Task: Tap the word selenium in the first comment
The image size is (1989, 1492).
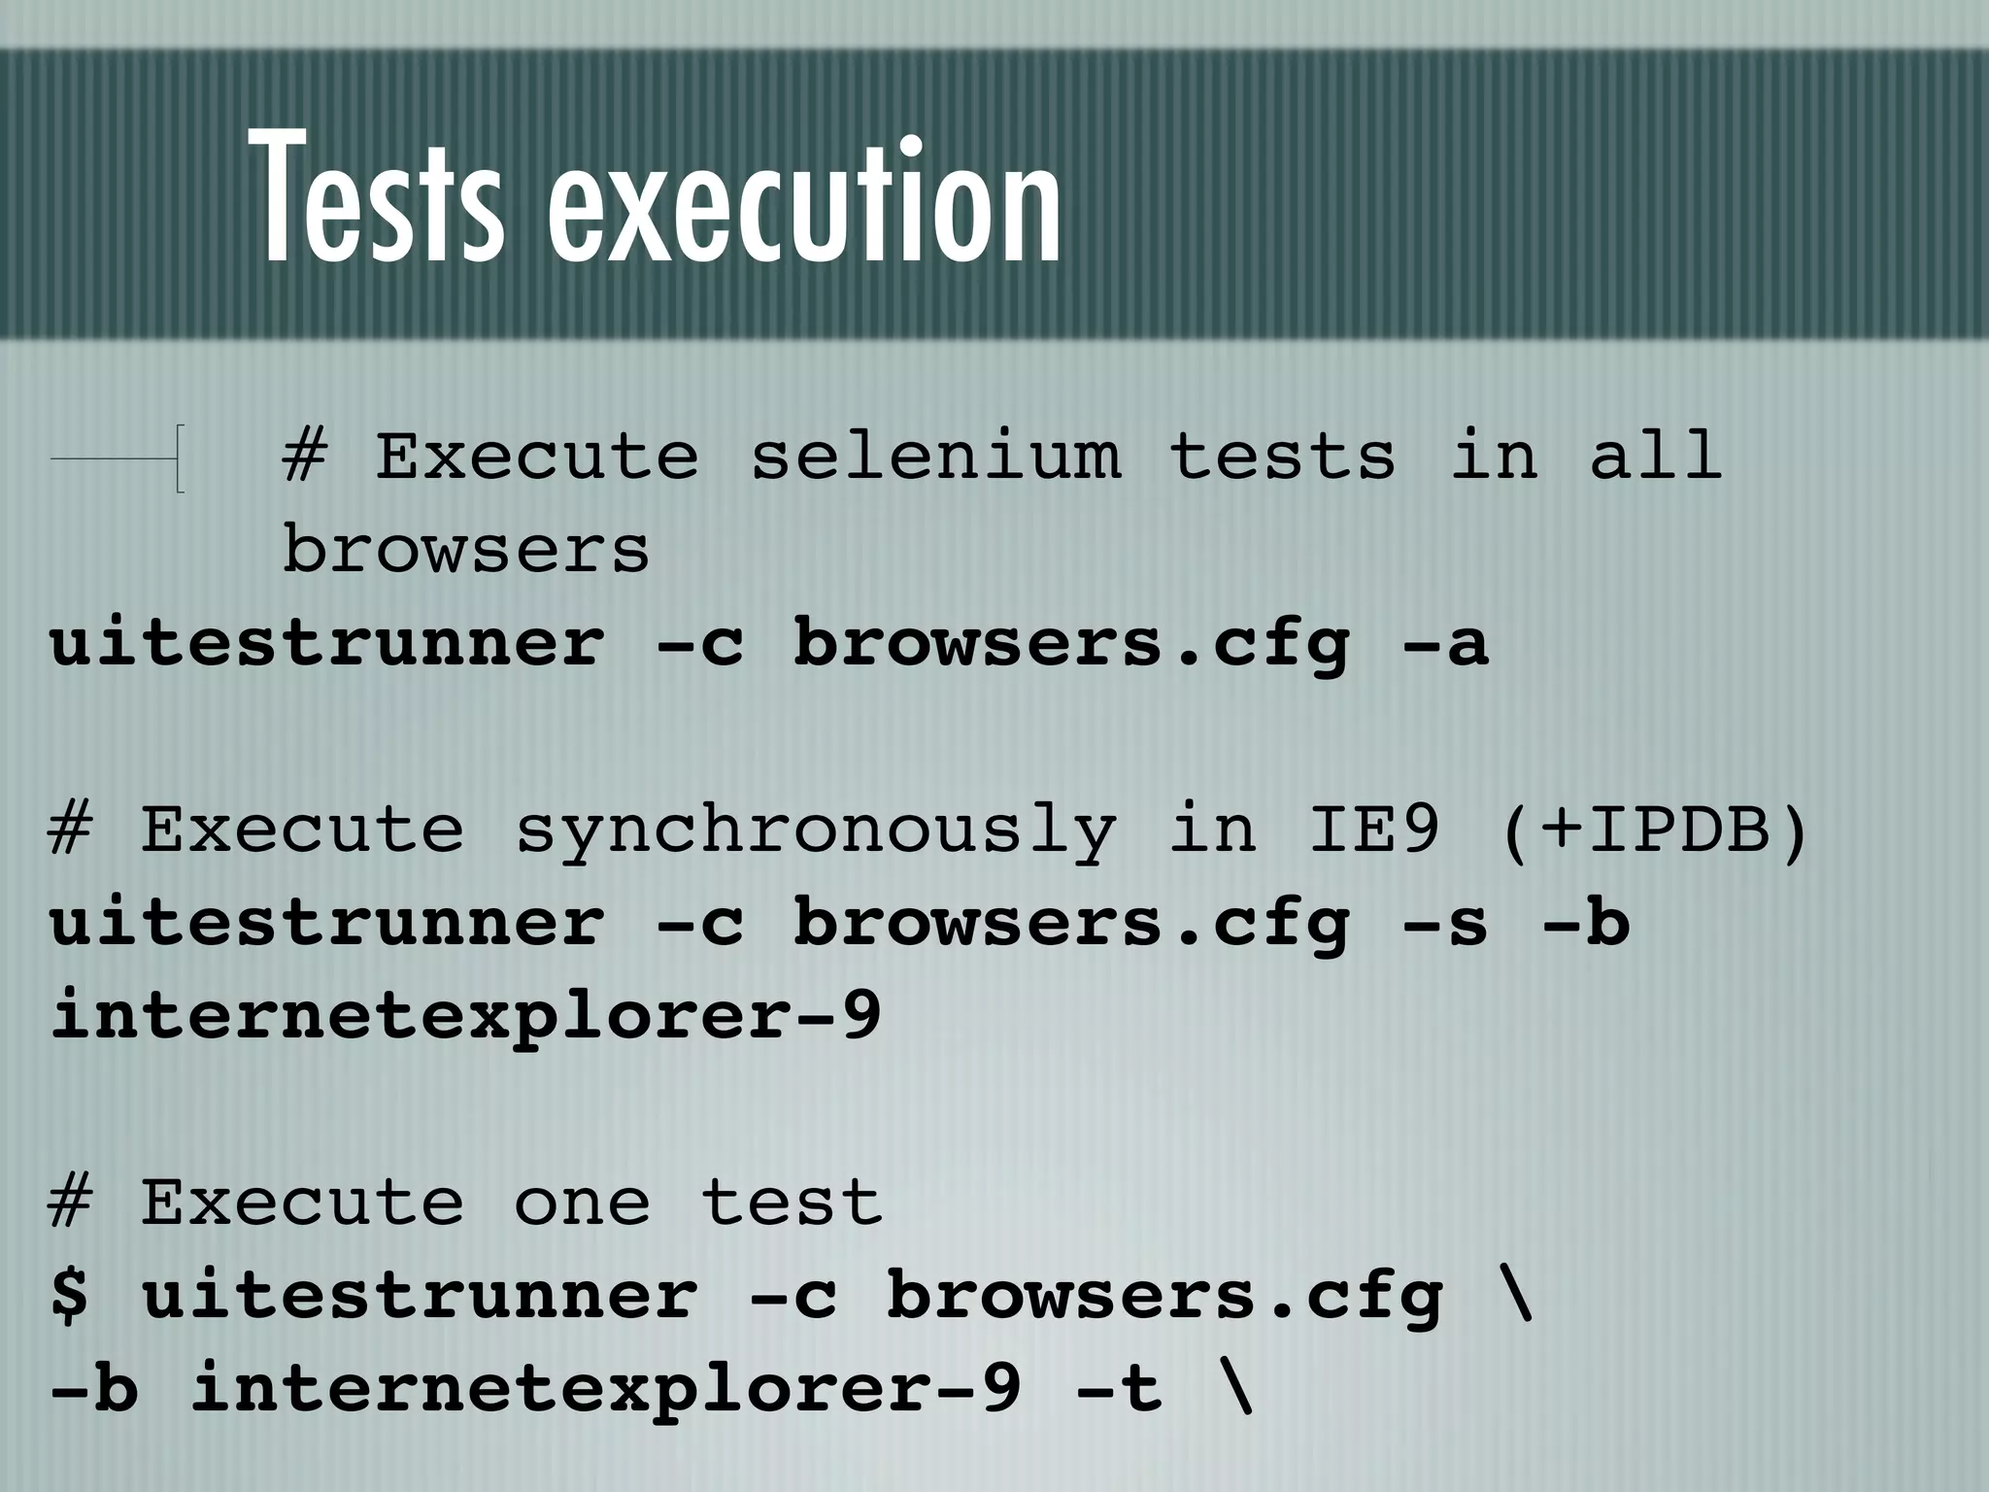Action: tap(934, 457)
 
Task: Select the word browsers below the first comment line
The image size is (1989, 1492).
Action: tap(465, 550)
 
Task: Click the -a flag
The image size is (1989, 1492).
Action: tap(1444, 643)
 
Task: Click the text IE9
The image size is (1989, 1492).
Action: tap(1373, 831)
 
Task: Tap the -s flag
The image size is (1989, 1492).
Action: tap(1444, 923)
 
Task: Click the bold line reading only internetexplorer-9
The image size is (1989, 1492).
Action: tap(465, 1016)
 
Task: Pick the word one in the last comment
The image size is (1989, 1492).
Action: tap(581, 1203)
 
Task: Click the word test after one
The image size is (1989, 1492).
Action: tap(791, 1203)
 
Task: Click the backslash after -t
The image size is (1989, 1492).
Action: tap(1234, 1389)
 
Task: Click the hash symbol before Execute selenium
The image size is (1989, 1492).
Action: tap(303, 457)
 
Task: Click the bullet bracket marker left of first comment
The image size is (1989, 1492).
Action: tap(178, 458)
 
